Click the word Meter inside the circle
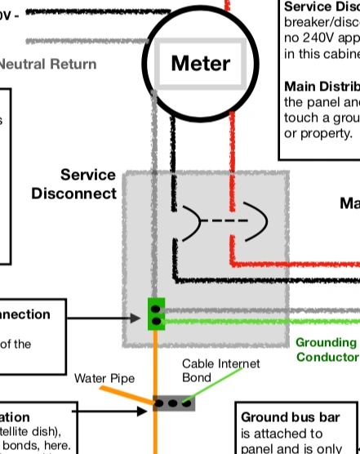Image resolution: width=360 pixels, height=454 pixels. click(200, 63)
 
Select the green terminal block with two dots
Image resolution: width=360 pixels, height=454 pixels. click(155, 314)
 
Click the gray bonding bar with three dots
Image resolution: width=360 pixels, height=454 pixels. click(176, 403)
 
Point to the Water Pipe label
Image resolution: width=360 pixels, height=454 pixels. click(104, 378)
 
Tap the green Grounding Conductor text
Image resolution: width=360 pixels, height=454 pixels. click(326, 349)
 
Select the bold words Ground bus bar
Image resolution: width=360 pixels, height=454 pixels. click(282, 417)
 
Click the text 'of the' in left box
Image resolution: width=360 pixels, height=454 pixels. click(16, 344)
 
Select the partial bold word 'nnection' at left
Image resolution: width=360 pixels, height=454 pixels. click(24, 314)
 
